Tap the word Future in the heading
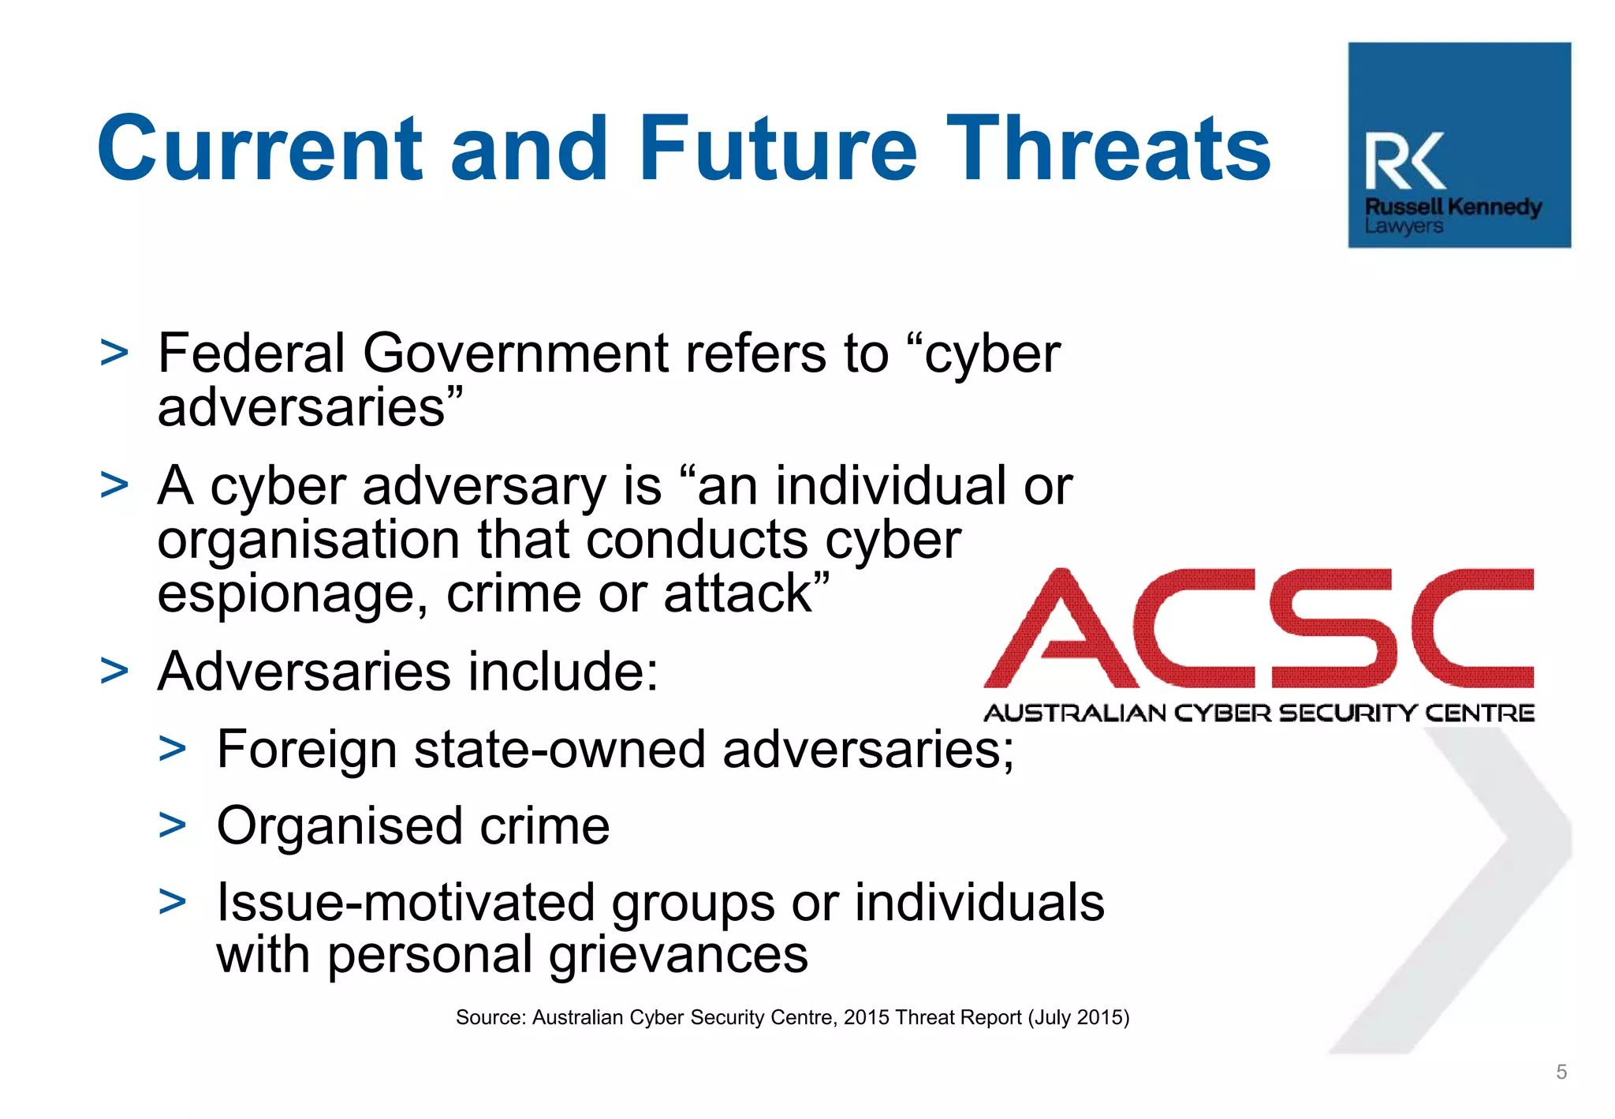[x=778, y=148]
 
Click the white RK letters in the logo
[x=1405, y=162]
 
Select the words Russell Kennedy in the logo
[x=1453, y=207]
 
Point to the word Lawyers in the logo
[x=1404, y=226]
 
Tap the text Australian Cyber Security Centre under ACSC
[x=1259, y=713]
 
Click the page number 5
[x=1561, y=1072]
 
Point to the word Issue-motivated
[x=405, y=902]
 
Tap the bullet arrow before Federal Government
[x=114, y=354]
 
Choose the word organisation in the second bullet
[x=308, y=541]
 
